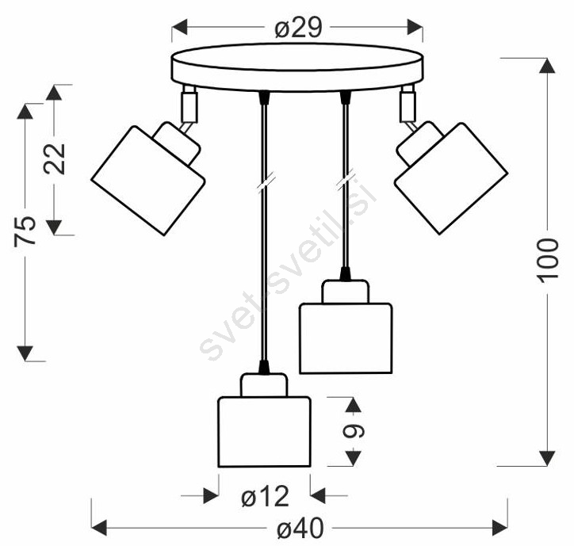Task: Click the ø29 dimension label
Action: pos(298,28)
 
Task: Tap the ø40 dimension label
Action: pos(300,528)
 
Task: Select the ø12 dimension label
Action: pos(265,496)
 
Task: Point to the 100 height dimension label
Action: pos(548,260)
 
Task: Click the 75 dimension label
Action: pos(25,231)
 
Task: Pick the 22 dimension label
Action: pos(54,158)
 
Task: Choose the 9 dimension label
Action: pos(354,431)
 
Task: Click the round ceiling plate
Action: pos(297,67)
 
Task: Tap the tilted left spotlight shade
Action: pos(148,181)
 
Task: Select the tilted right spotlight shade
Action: pos(451,178)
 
